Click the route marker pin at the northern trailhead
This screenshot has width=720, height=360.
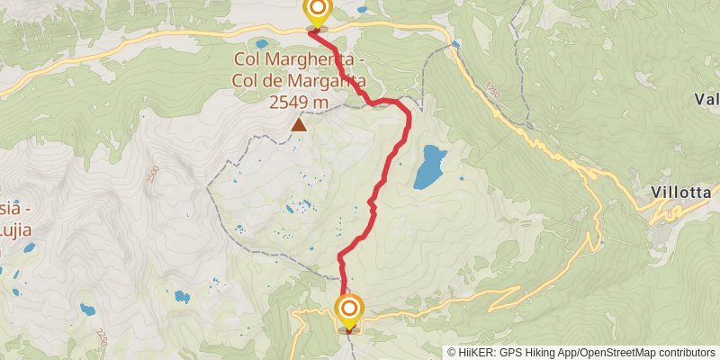pos(317,12)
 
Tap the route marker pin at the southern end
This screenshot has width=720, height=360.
pos(349,311)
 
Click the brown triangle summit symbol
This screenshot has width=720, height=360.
pos(298,125)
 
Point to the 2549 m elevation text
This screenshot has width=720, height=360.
pos(298,103)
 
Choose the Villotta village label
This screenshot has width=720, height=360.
pos(682,193)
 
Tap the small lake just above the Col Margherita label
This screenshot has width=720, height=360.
pos(262,42)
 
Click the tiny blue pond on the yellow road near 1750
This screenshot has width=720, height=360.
pos(455,42)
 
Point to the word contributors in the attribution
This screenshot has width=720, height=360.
pos(685,353)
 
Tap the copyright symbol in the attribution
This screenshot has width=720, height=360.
pos(452,353)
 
